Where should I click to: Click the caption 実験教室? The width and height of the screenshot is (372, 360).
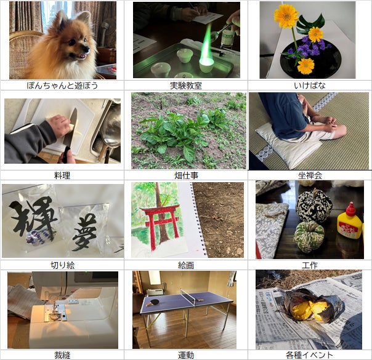click(186, 86)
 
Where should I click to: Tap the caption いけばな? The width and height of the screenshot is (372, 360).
click(310, 86)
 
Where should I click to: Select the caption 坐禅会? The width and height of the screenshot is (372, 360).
click(310, 175)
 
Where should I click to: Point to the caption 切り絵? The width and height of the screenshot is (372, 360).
click(63, 265)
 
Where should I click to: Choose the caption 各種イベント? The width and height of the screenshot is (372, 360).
click(309, 355)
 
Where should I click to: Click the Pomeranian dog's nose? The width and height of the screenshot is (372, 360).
click(87, 49)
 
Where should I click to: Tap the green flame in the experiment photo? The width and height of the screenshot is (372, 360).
click(206, 43)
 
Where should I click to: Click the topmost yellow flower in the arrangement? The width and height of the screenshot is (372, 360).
click(286, 16)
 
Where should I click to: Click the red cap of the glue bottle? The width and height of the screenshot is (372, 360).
click(350, 209)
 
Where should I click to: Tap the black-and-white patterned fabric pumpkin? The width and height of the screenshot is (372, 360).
click(313, 206)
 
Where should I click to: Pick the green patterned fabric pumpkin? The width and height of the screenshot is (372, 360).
click(309, 236)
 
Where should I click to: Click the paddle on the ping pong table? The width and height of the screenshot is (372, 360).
click(153, 302)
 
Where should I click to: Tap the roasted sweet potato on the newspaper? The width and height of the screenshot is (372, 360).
click(311, 305)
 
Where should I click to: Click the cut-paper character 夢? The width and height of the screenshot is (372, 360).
click(84, 231)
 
